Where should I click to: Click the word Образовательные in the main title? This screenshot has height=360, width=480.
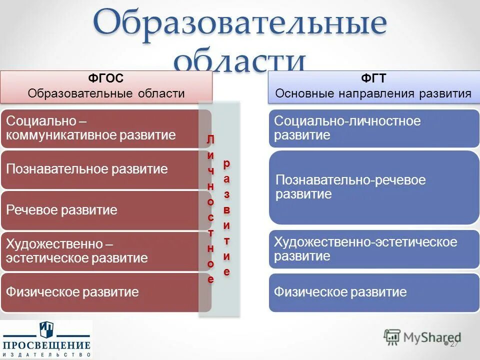pos(240,24)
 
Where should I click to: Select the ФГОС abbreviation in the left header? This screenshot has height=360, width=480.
pos(106,78)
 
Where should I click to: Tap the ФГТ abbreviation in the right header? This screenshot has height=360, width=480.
pos(373,78)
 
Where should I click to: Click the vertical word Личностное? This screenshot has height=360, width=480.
pos(210,209)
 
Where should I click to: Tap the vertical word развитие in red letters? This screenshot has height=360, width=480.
pos(227,217)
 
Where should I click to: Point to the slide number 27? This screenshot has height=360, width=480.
pos(454,344)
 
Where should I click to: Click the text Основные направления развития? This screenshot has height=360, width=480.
pos(373,93)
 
